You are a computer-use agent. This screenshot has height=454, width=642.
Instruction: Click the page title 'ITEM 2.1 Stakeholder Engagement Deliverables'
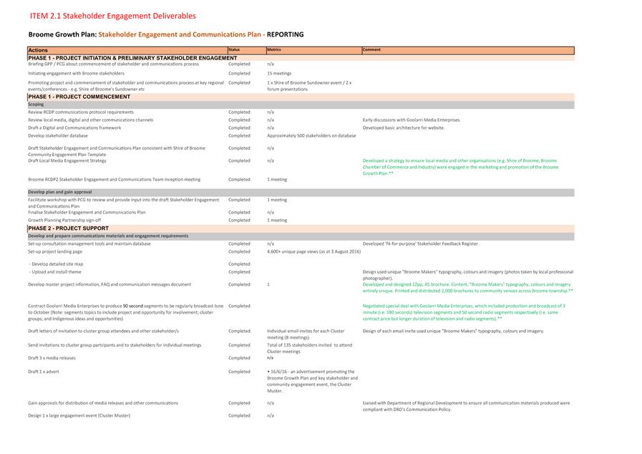(x=112, y=16)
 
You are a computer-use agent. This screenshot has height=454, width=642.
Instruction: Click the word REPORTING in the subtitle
(x=285, y=34)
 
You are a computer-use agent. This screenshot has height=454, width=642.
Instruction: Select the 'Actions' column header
(x=38, y=50)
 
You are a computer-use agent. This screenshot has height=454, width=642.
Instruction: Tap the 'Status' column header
(x=234, y=49)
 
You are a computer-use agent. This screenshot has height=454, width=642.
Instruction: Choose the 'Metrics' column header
(x=274, y=49)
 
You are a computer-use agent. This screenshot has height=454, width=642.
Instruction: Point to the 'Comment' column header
(x=371, y=49)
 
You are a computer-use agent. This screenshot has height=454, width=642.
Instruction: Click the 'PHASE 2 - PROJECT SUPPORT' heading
(x=69, y=228)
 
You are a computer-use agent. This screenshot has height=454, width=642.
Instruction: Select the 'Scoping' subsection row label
(x=36, y=105)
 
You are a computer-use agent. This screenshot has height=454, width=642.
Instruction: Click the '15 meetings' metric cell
(x=279, y=73)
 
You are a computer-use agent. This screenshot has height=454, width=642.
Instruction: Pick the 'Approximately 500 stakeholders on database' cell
(x=311, y=135)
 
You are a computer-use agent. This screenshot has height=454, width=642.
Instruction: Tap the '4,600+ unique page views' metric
(x=313, y=251)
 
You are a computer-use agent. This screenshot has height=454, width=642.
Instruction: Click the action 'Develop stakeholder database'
(x=58, y=135)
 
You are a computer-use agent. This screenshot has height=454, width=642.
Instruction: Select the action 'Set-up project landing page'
(x=55, y=251)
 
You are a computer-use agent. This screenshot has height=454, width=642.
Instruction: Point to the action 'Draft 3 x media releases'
(x=52, y=357)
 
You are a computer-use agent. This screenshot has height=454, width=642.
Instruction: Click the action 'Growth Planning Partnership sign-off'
(x=64, y=220)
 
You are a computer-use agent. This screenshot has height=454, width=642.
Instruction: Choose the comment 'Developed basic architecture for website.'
(x=403, y=127)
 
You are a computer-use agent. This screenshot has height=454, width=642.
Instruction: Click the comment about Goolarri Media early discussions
(x=412, y=120)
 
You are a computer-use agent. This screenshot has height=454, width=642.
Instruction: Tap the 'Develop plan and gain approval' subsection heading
(x=60, y=193)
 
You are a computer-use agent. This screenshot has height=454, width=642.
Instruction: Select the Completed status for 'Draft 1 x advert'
(x=239, y=372)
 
